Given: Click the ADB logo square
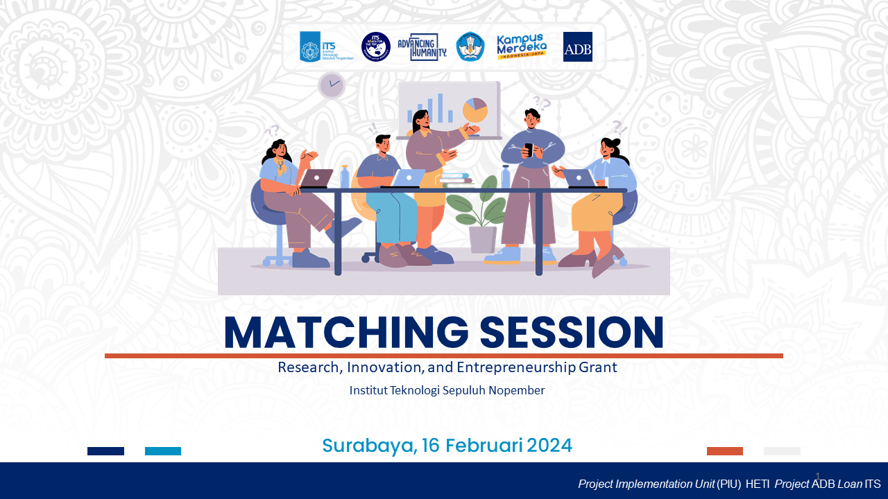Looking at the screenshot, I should [x=577, y=47].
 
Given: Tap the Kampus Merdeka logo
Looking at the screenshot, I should [x=522, y=46].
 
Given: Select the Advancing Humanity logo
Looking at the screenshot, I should [x=422, y=47].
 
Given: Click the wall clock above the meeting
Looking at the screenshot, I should [x=332, y=85].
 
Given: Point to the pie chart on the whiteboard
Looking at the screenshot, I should [x=475, y=110].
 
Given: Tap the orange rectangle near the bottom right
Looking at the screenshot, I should [x=725, y=451].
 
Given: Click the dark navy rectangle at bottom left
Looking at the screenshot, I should [x=105, y=451].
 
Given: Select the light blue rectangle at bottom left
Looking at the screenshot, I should [x=163, y=451].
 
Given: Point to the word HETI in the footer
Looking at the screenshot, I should [x=758, y=484].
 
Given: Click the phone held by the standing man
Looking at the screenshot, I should [x=528, y=149].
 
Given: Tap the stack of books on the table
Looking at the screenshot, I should [x=455, y=180].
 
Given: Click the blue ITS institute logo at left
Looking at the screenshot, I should [x=309, y=47].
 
